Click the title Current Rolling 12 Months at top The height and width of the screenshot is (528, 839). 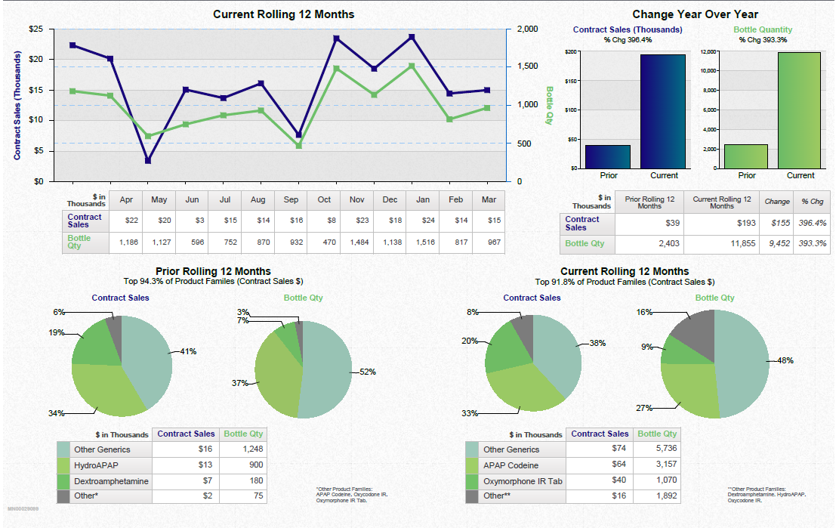pos(283,14)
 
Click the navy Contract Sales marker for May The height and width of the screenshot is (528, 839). pos(148,161)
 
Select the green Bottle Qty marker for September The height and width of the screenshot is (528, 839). pos(298,145)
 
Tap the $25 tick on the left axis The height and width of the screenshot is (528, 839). pos(35,29)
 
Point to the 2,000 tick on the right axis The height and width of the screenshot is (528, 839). pos(527,29)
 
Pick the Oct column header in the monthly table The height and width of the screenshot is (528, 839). pos(324,200)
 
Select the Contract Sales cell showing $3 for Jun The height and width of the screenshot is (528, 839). pos(192,220)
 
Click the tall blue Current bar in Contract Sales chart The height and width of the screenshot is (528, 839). pos(664,111)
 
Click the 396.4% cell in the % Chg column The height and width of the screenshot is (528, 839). pos(813,224)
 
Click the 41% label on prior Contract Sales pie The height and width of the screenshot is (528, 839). pos(188,351)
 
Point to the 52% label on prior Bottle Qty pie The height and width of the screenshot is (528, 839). pos(367,372)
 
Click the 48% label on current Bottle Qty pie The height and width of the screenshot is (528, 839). pos(785,361)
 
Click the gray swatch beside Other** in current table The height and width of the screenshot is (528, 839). pos(472,496)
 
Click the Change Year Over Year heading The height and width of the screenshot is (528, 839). pos(695,14)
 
